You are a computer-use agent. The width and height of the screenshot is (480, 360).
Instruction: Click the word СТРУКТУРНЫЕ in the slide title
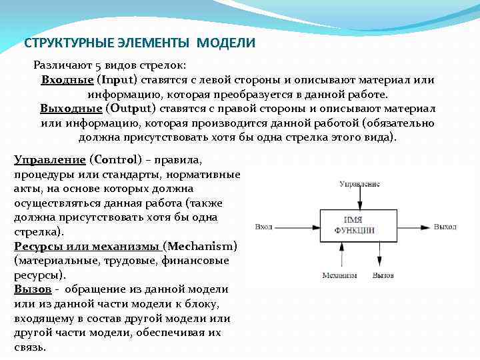click(58, 43)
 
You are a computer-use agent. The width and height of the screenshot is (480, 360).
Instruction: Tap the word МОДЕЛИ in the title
click(233, 43)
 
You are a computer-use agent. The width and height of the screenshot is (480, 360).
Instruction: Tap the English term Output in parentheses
click(127, 109)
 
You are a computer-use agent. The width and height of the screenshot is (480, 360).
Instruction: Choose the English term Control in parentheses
click(114, 160)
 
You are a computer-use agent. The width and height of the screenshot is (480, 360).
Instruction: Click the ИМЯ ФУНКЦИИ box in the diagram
click(359, 225)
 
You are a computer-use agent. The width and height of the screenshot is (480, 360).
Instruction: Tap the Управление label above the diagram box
click(359, 183)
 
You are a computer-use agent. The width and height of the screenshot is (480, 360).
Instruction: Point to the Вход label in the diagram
click(263, 227)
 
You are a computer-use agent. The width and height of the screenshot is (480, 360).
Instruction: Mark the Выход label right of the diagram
click(445, 227)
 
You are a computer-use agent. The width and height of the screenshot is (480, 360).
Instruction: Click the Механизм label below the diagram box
click(339, 275)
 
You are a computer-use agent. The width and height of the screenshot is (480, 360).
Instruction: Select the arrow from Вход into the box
click(297, 227)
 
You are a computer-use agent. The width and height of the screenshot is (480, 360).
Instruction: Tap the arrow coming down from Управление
click(360, 199)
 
